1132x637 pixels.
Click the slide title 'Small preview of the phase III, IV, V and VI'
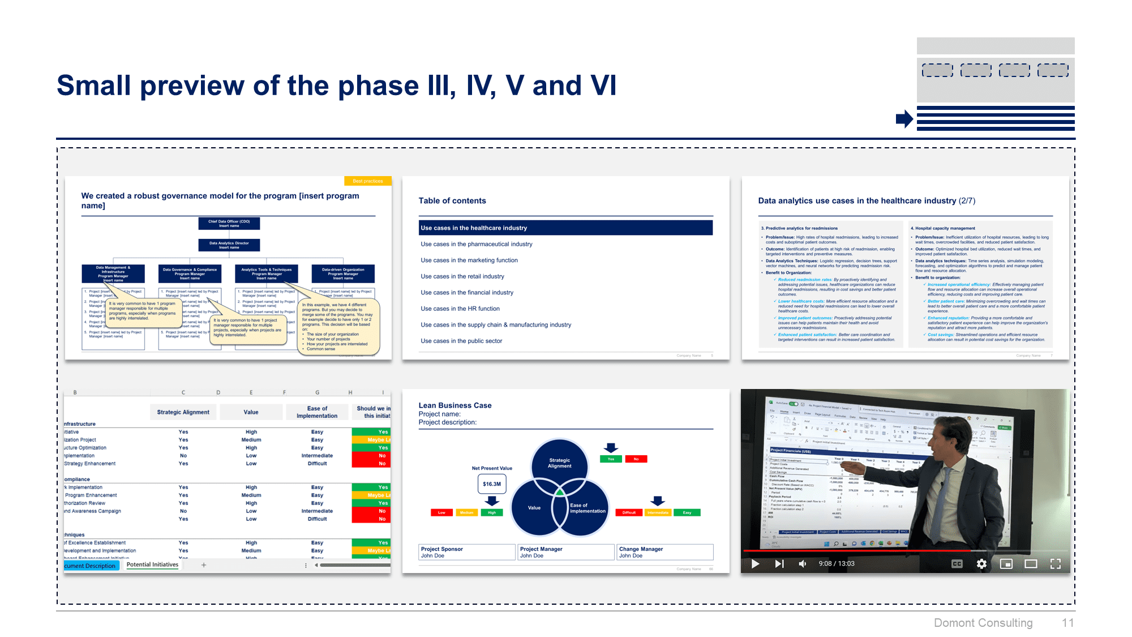pos(336,86)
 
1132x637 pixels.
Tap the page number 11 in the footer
pos(1067,623)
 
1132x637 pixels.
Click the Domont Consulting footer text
pos(983,623)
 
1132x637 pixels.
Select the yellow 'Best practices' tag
pos(367,181)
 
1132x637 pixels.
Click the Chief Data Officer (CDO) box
pos(229,224)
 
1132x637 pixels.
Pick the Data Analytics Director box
pos(229,245)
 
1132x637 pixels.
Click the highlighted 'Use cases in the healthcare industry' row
pos(565,228)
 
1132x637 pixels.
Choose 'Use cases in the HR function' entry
pos(460,309)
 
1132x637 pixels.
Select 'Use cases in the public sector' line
pos(461,341)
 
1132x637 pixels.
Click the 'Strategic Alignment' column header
pos(183,412)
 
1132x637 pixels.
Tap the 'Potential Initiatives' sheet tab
pos(152,565)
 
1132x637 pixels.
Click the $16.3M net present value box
pos(491,484)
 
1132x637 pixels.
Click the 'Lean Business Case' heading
pos(454,405)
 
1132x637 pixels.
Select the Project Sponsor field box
pos(466,552)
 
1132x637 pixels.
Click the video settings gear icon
pos(981,564)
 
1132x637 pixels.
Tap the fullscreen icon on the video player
pos(1055,564)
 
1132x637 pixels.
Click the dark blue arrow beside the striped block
pos(904,119)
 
